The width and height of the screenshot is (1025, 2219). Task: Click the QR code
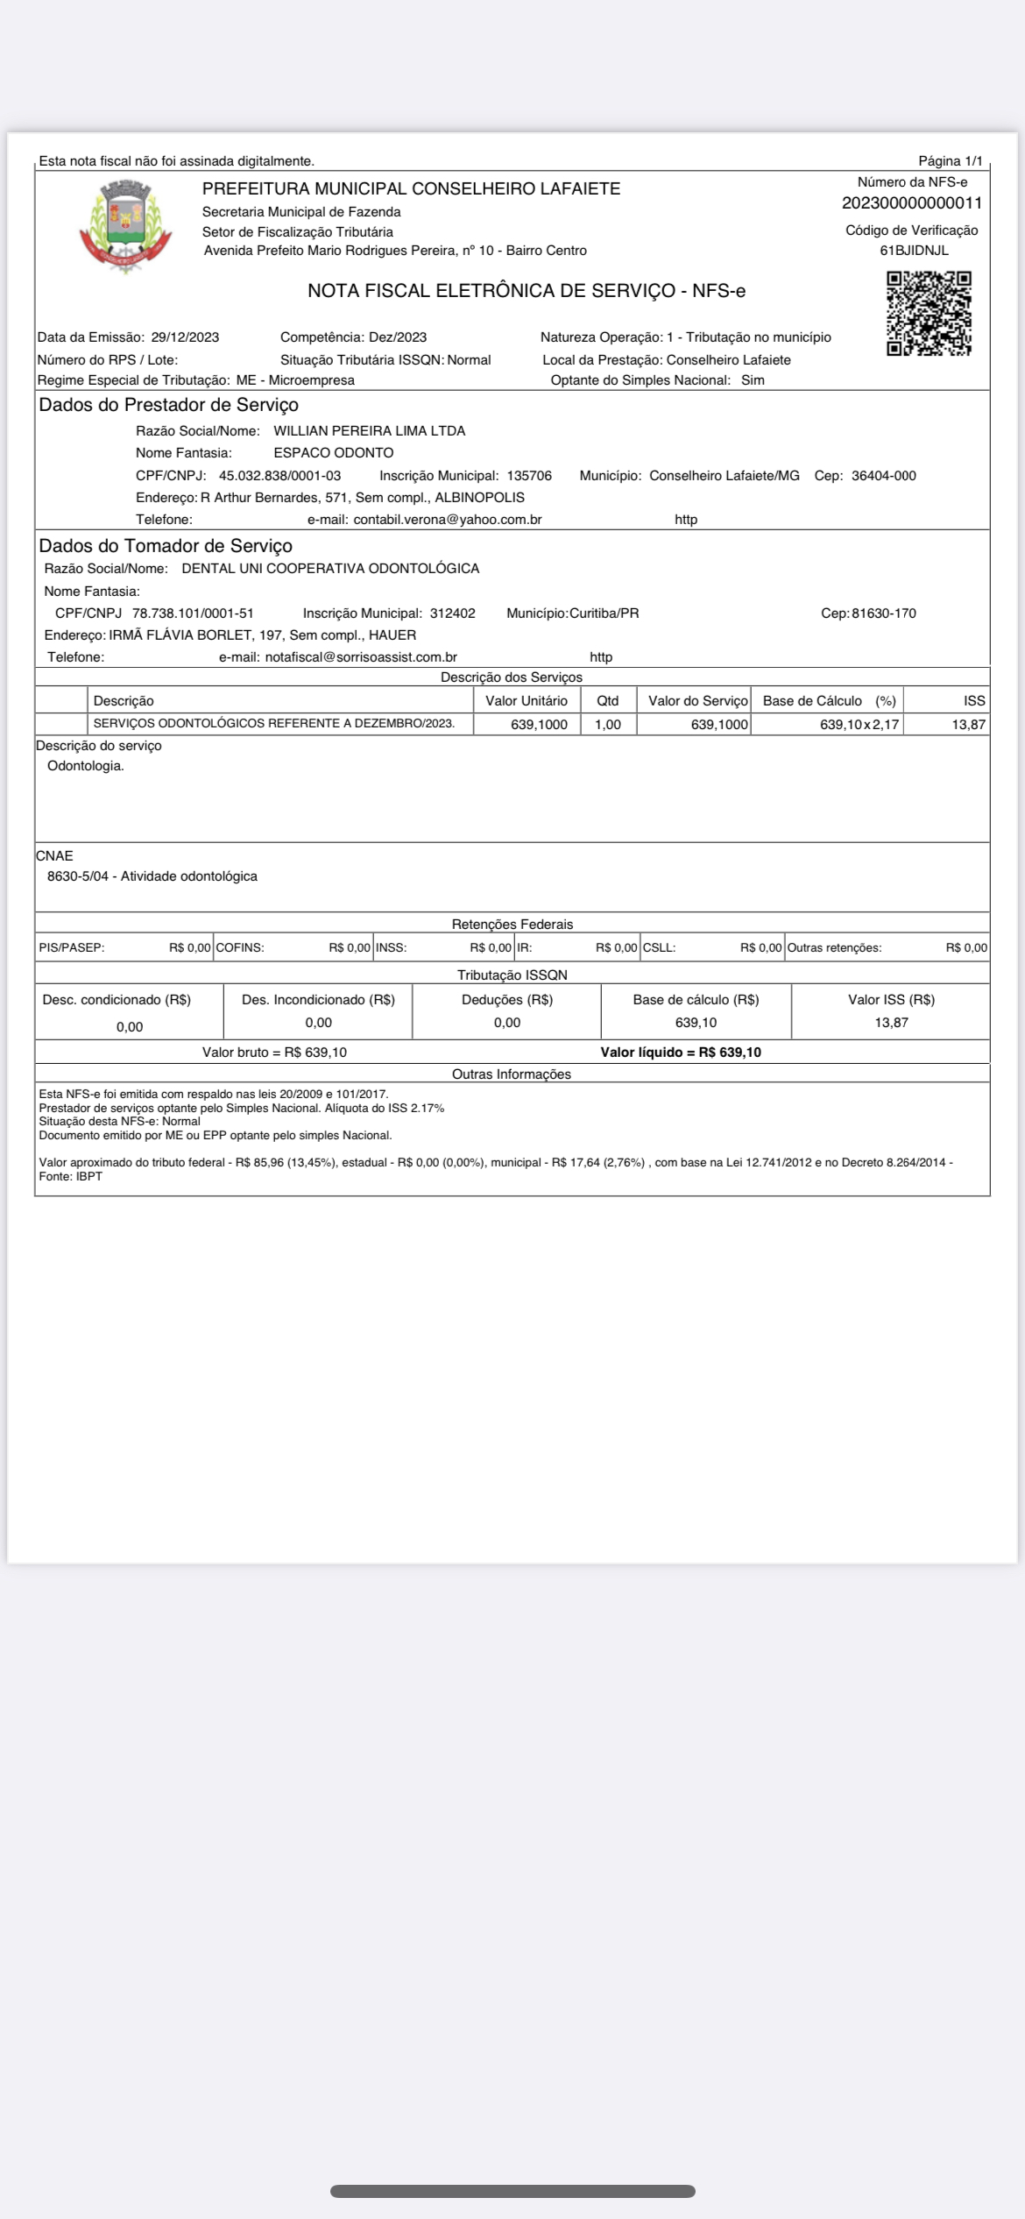point(929,313)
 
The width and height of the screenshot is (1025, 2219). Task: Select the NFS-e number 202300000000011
point(911,203)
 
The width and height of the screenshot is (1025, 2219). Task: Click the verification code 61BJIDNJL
point(914,251)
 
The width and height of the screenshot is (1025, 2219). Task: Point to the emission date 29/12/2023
point(185,337)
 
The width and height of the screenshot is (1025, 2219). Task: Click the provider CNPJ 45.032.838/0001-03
point(279,476)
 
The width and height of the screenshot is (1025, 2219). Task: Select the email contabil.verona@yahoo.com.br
point(447,520)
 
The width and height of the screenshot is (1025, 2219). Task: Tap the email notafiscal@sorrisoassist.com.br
point(361,657)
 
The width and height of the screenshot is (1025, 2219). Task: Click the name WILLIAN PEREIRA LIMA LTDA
point(369,431)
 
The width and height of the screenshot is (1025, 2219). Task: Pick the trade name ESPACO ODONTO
point(333,453)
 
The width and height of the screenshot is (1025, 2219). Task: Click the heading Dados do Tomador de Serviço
point(166,546)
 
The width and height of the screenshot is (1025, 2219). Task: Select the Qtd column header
point(607,701)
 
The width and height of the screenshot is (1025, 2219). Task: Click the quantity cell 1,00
point(607,725)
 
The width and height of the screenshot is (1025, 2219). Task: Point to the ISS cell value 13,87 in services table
point(968,725)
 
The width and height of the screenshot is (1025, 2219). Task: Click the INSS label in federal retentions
point(392,947)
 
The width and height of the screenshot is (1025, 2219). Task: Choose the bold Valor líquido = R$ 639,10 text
point(680,1053)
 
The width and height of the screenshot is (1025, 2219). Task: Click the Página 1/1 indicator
point(950,161)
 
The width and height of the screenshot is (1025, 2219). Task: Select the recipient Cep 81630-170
point(883,613)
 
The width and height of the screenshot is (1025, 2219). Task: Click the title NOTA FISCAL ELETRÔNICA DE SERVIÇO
point(491,291)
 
